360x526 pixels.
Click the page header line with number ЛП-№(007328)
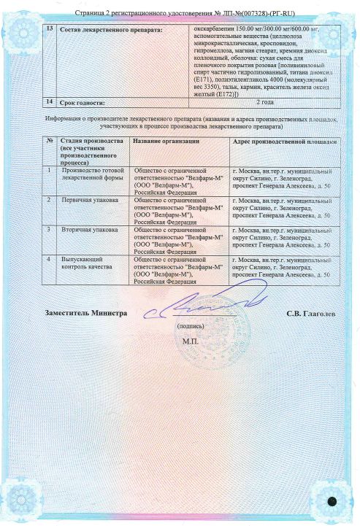click(180, 13)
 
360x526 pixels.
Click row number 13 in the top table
click(49, 28)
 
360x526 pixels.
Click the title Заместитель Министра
click(86, 312)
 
